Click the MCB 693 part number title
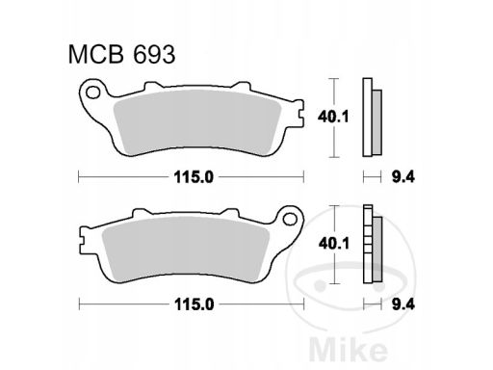[121, 55]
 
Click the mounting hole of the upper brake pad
[93, 92]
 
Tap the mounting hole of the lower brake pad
[290, 219]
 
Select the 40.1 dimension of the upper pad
[333, 117]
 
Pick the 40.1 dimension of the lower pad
[334, 244]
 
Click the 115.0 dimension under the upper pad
[194, 177]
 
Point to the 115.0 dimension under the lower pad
[194, 304]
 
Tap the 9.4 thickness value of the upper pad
[403, 177]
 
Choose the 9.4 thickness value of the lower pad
[403, 304]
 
